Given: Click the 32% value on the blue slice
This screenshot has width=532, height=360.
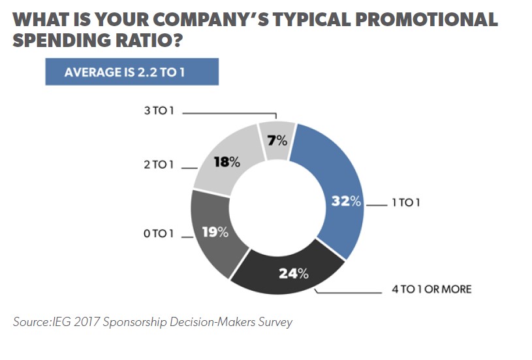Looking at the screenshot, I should click(346, 201).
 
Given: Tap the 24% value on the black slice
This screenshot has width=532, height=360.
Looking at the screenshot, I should click(293, 273).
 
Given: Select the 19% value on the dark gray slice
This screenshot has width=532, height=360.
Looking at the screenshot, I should click(215, 231).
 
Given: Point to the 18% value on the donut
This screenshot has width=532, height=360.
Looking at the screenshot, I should click(227, 162).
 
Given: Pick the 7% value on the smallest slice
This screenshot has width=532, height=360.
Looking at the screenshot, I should click(277, 139).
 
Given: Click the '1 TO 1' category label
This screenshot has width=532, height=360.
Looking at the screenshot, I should click(405, 203).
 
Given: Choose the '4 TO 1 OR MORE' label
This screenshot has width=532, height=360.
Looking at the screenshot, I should click(431, 288).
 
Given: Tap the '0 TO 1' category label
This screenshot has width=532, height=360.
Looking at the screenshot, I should click(159, 233).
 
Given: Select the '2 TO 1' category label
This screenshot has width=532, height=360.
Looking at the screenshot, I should click(159, 165).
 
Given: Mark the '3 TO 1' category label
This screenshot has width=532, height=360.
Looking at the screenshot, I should click(159, 112).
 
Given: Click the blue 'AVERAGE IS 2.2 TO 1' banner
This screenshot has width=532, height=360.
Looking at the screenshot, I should click(131, 72).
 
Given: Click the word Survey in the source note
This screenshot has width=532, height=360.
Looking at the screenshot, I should click(274, 321).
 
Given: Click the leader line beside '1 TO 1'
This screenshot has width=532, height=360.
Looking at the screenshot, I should click(377, 204).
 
